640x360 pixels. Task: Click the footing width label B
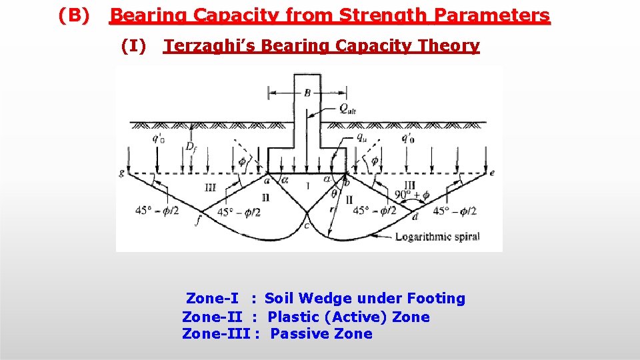coord(307,93)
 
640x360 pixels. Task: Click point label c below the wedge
coord(307,225)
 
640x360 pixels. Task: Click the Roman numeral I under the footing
coord(307,187)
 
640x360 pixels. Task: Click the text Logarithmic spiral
coord(437,237)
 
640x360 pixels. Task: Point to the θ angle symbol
coord(334,193)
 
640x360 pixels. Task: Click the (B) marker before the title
coord(73,15)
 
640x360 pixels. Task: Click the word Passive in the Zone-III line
coord(293,334)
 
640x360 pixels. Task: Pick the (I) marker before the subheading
coord(133,45)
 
